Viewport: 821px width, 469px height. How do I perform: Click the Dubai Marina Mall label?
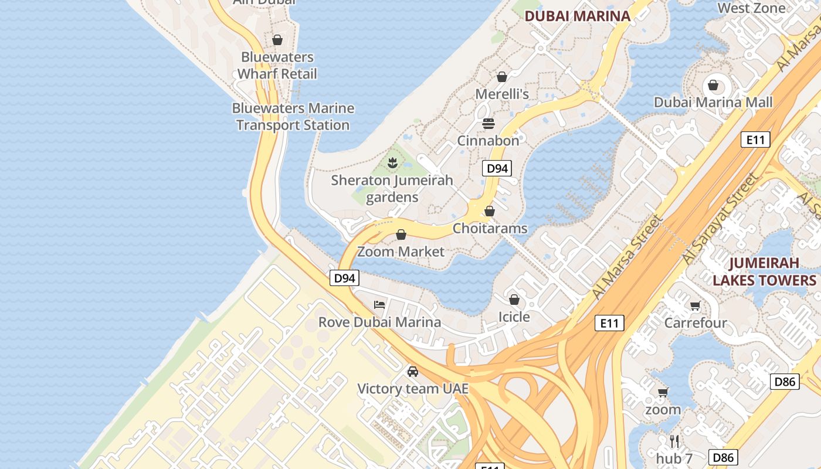[x=713, y=102]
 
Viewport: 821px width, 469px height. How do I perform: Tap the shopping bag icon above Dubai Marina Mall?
[x=713, y=86]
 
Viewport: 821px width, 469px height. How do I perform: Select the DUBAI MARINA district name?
[x=577, y=16]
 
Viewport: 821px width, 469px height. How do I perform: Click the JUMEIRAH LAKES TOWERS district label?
[x=764, y=271]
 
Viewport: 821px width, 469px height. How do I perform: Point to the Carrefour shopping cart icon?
[x=695, y=305]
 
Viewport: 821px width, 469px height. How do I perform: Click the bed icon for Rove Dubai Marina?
[x=380, y=305]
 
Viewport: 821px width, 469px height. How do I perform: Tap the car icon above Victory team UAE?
[x=413, y=372]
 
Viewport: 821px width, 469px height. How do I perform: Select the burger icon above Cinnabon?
[x=488, y=124]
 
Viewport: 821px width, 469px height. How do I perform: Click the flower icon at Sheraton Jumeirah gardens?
[x=392, y=162]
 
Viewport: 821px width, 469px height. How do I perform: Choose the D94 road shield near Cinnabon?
[x=497, y=169]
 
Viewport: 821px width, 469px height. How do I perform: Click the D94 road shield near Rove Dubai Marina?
[x=344, y=278]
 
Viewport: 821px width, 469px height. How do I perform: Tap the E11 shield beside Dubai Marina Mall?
[x=755, y=140]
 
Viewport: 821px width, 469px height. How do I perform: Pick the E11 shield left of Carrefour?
[x=609, y=323]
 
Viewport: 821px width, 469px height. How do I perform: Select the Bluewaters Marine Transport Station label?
[x=293, y=117]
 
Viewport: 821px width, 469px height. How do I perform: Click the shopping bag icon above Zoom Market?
[x=401, y=235]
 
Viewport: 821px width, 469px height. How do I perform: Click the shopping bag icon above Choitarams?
[x=490, y=212]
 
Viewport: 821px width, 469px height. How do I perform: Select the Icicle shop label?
[x=514, y=317]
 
